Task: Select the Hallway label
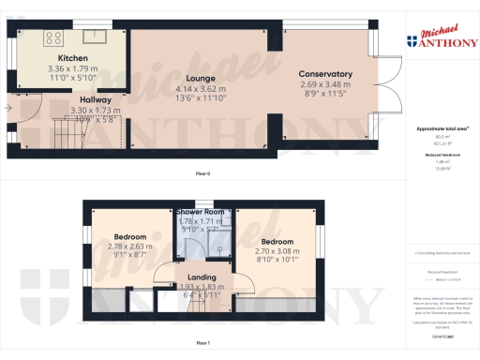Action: pyautogui.click(x=95, y=100)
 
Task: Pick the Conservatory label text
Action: pyautogui.click(x=325, y=74)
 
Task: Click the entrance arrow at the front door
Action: pyautogui.click(x=8, y=109)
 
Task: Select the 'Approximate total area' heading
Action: pyautogui.click(x=442, y=127)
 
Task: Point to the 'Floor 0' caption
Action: pyautogui.click(x=202, y=174)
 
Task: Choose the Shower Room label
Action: pyautogui.click(x=202, y=212)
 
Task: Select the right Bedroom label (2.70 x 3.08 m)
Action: pyautogui.click(x=276, y=240)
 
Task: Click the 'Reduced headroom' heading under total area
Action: pyautogui.click(x=441, y=155)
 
